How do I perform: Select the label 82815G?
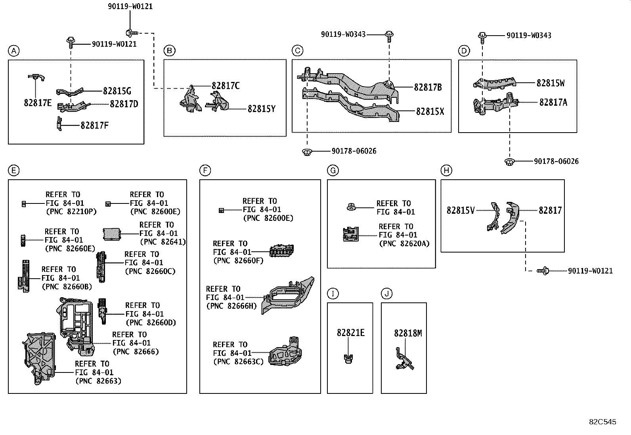(x=117, y=91)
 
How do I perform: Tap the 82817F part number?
(x=94, y=125)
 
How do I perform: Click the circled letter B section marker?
(x=169, y=51)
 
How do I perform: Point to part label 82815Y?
(x=261, y=108)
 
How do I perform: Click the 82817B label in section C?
(x=428, y=87)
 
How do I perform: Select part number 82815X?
(x=430, y=112)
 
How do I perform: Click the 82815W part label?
(x=551, y=83)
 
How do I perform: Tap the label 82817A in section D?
(x=553, y=102)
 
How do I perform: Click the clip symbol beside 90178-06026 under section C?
(x=306, y=151)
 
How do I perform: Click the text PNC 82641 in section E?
(x=163, y=242)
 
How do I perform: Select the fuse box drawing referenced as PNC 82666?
(x=76, y=325)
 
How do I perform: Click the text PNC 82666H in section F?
(x=232, y=306)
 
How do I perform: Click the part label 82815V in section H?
(x=460, y=210)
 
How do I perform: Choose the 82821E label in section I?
(x=350, y=333)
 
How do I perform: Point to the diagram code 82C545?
(x=602, y=422)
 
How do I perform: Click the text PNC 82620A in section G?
(x=404, y=244)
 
